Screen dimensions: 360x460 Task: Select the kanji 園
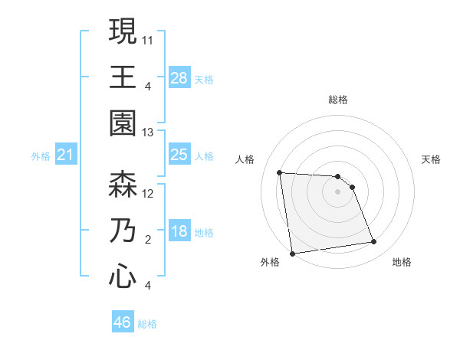coord(123,122)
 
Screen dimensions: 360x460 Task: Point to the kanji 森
coord(123,185)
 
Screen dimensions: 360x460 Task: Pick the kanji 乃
coord(123,231)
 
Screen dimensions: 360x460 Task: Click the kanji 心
coord(123,275)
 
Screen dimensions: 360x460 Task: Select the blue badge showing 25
coord(179,155)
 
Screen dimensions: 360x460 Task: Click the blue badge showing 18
coord(179,231)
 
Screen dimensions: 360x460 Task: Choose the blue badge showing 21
coord(66,155)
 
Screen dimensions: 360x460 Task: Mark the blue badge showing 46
coord(123,322)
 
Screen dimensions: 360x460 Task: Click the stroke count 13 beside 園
coord(149,133)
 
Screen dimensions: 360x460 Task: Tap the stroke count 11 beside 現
coord(149,38)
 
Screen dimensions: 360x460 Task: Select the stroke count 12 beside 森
coord(149,193)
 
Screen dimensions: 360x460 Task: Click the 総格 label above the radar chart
coord(337,100)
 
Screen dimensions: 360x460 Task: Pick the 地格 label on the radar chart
coord(402,262)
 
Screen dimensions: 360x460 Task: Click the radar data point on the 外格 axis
coord(292,253)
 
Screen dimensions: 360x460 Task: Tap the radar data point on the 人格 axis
coord(280,172)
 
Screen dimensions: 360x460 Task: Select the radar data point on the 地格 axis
coord(373,242)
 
